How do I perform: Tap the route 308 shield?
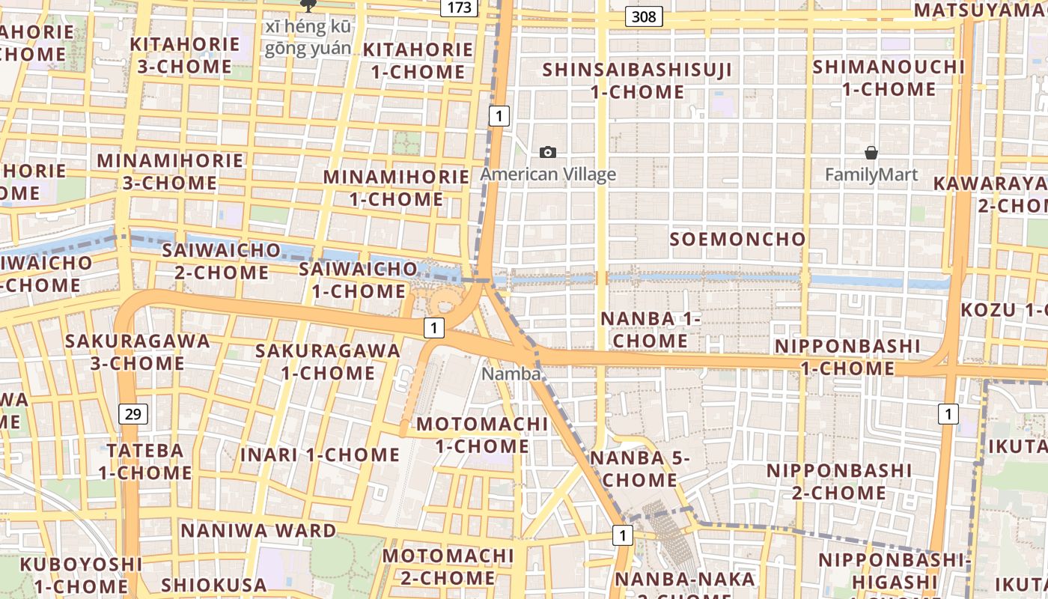(644, 16)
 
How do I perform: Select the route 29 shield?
(132, 413)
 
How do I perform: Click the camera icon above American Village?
(548, 153)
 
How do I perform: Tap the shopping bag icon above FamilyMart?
(871, 153)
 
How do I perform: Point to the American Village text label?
(548, 174)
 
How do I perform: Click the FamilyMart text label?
(871, 175)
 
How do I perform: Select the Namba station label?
(511, 374)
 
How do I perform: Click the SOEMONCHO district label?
(737, 240)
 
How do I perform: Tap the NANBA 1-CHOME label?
(651, 329)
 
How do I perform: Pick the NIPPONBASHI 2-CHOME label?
(839, 481)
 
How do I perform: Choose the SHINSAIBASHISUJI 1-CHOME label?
(637, 81)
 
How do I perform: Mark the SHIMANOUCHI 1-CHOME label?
(889, 78)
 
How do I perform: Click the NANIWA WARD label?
(258, 531)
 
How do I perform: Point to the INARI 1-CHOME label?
(320, 454)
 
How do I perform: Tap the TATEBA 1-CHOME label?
(145, 461)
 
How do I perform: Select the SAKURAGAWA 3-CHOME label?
(137, 352)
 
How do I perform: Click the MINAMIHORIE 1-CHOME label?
(396, 188)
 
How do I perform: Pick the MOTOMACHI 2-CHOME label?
(448, 567)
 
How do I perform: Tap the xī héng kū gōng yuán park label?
(308, 37)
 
